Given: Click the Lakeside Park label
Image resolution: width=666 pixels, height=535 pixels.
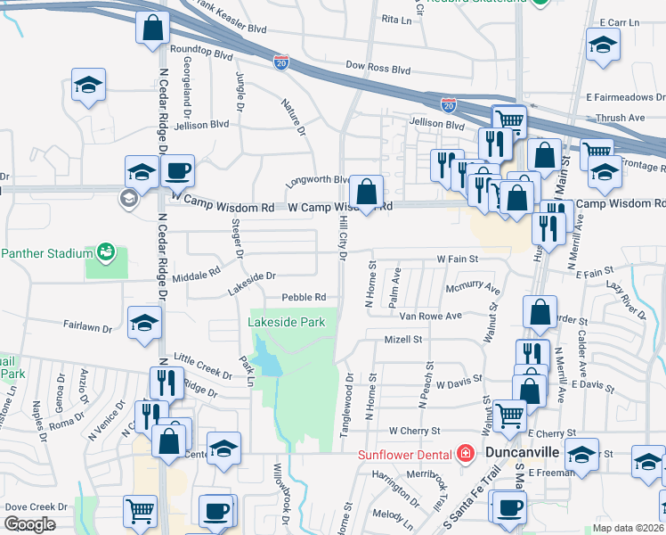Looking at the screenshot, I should tap(286, 321).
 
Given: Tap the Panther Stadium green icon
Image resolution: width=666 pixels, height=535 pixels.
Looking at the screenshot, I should tap(106, 252).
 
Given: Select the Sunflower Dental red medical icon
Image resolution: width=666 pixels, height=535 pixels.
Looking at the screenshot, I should tap(463, 454).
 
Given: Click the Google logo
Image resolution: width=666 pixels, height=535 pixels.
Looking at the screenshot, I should tap(29, 524).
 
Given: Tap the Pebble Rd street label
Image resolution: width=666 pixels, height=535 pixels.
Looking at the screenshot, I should tap(304, 297).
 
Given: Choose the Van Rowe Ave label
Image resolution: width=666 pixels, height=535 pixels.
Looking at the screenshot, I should tap(431, 316).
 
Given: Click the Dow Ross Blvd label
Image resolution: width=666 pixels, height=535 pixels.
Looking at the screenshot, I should tap(378, 67).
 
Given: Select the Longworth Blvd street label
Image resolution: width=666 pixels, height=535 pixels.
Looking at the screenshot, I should tap(317, 180).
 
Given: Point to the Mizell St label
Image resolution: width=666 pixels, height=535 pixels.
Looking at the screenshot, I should tap(403, 340).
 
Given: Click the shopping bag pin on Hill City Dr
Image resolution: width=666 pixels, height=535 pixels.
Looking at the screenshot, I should tap(366, 191).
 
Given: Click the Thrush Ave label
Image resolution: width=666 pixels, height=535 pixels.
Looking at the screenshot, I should tap(620, 117).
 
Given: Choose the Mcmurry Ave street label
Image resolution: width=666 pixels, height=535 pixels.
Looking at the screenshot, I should tap(474, 290).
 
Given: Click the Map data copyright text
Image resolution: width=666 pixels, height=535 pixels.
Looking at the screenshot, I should tap(629, 528).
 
